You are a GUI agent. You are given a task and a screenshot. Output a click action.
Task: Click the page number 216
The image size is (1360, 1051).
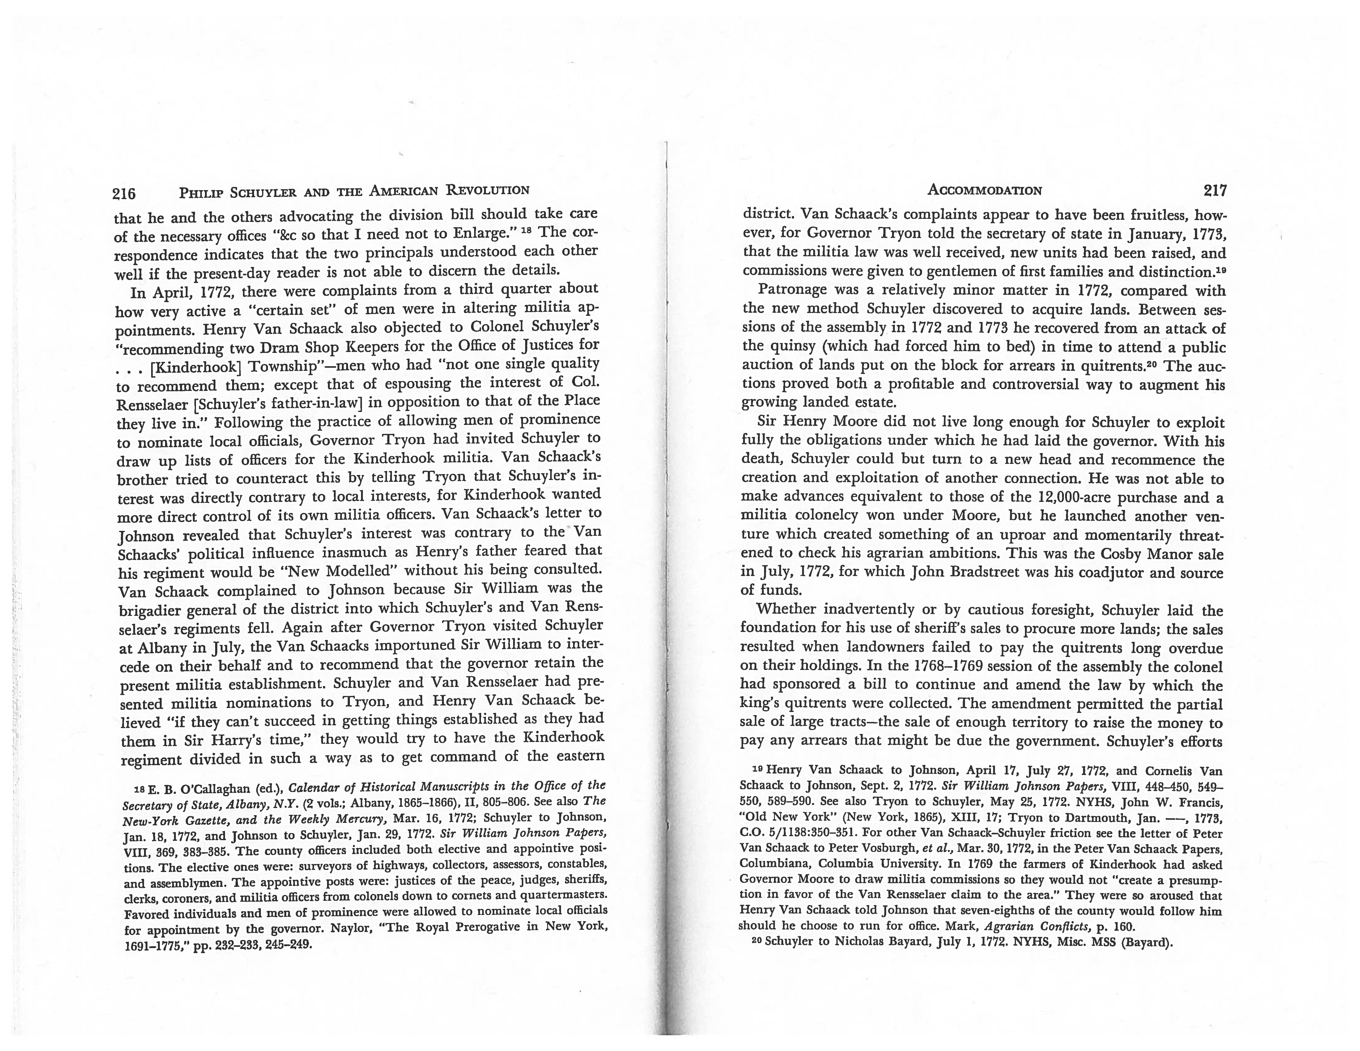click(124, 194)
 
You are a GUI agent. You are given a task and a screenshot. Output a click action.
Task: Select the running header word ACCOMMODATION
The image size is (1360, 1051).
click(984, 191)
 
